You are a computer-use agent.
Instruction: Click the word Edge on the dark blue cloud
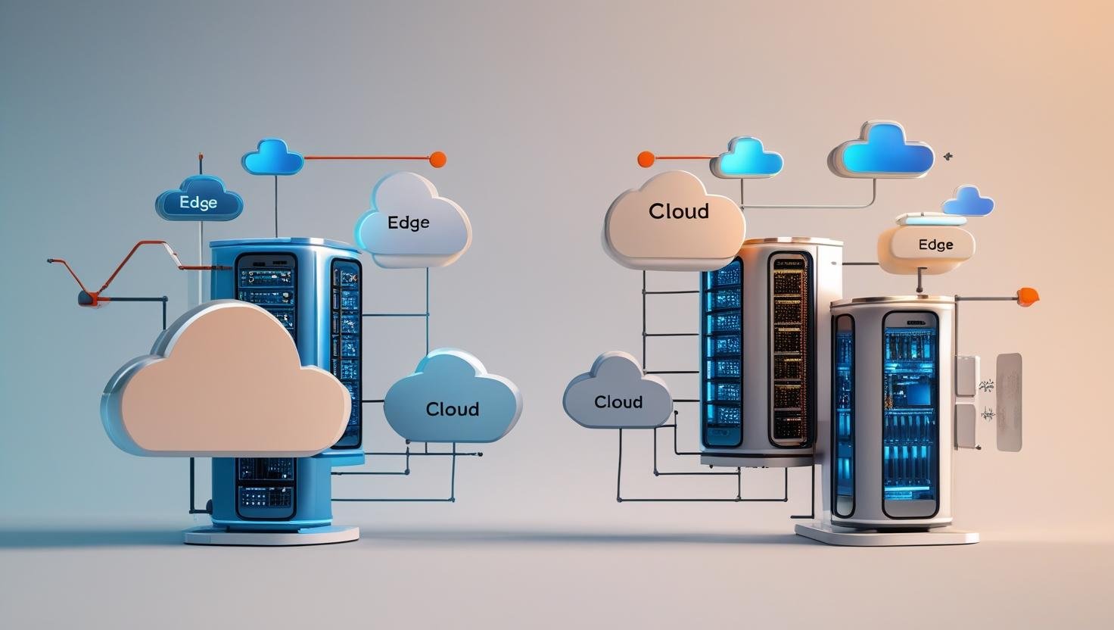[198, 203]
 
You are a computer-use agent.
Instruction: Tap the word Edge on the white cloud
[408, 223]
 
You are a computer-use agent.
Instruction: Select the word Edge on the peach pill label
[935, 245]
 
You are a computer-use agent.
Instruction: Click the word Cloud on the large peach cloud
[679, 211]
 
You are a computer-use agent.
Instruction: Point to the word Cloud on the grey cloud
[618, 402]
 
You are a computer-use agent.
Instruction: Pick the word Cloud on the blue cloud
[452, 410]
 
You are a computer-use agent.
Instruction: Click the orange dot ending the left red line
[437, 159]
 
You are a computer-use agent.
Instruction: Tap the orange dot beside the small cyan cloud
[646, 159]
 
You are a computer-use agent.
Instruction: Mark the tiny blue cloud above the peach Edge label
[968, 201]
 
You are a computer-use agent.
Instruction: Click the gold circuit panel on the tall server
[788, 348]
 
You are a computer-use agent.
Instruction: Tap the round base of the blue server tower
[271, 535]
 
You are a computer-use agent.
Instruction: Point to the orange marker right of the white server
[1027, 296]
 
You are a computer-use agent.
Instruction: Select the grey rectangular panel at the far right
[1009, 402]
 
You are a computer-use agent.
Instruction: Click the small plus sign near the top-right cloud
[948, 157]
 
